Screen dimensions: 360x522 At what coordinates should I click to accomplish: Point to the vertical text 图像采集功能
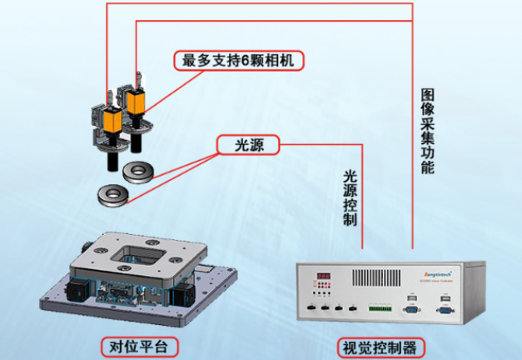428,129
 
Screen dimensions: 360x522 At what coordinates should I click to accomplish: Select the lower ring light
111,194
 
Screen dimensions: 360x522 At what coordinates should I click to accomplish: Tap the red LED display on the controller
323,277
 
